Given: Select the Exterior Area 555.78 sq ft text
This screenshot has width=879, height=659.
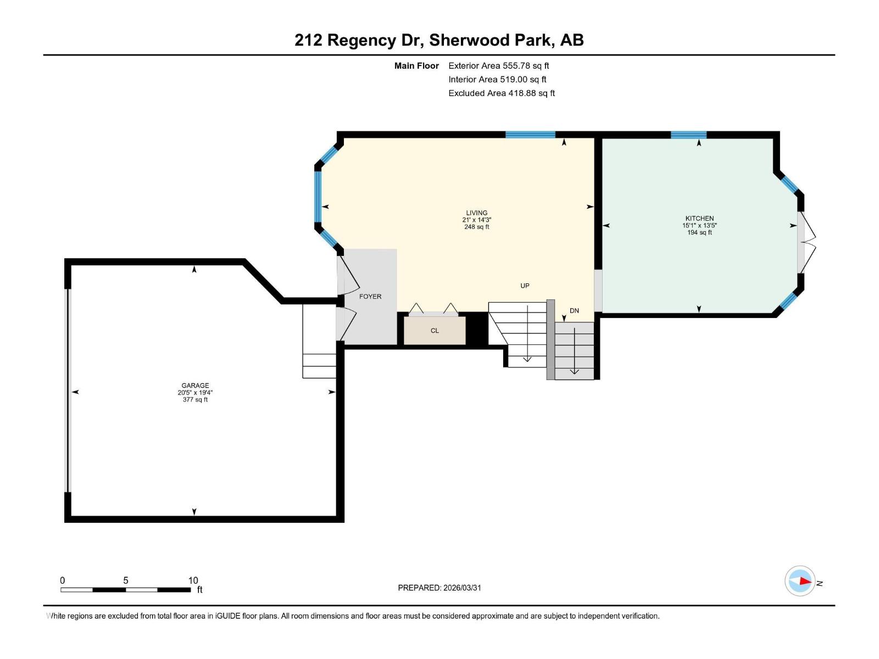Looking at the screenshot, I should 498,65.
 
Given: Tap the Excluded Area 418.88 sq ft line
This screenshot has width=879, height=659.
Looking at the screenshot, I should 501,93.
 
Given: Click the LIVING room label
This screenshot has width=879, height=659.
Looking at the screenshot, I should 476,213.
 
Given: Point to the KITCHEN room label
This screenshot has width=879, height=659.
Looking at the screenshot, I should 699,218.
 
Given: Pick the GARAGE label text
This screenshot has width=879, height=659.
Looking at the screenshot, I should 195,386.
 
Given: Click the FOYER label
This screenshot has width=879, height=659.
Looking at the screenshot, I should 370,297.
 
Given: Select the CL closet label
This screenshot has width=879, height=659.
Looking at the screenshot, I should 435,331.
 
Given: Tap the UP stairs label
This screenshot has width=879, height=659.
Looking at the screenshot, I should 525,286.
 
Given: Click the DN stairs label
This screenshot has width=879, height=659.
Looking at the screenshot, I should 574,311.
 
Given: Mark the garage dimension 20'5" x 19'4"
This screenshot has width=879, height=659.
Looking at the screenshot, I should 195,393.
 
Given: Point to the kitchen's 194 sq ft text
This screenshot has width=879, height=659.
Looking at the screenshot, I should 699,232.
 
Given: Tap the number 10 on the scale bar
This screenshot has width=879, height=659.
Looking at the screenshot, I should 193,580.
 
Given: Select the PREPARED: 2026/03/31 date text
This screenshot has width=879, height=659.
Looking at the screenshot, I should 439,588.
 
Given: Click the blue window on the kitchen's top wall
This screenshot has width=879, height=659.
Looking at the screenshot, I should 688,135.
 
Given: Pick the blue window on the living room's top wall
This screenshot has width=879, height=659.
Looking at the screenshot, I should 530,135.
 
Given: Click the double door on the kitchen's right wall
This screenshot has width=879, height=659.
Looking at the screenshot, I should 805,242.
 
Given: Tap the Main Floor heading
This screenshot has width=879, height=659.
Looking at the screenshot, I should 416,66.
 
